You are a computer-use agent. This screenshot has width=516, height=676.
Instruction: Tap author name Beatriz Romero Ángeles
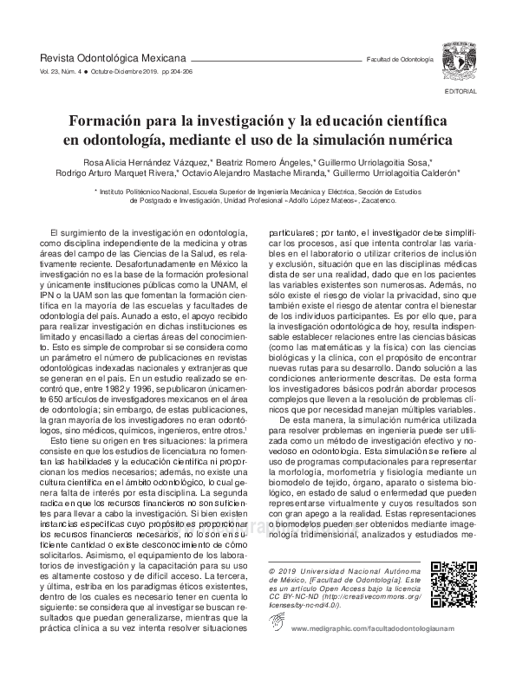pos(259,162)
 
